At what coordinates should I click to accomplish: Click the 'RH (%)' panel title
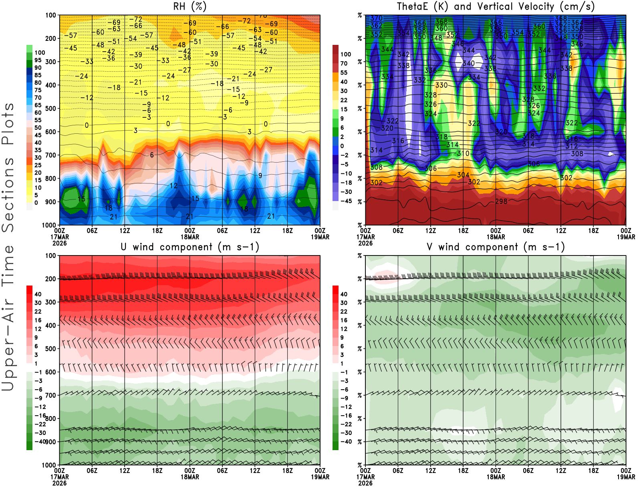pos(189,6)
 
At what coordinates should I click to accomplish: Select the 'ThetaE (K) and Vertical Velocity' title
pos(496,6)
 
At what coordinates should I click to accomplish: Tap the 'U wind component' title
pos(189,247)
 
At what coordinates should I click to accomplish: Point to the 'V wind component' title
pos(496,247)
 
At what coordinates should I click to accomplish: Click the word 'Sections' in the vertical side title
pos(8,195)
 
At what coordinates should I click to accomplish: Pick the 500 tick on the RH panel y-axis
pos(50,109)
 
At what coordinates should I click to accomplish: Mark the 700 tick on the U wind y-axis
pos(50,395)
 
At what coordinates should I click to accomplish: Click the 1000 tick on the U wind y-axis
pos(49,465)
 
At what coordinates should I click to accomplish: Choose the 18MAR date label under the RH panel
pos(189,237)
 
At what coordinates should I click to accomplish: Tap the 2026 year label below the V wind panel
pos(365,483)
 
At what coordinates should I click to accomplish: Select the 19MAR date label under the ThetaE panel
pos(626,237)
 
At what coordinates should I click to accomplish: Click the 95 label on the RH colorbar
pos(38,60)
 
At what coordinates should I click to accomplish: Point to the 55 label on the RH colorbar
pos(38,120)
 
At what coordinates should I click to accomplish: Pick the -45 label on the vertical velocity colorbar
pos(346,201)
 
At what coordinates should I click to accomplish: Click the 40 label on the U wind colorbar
pos(38,294)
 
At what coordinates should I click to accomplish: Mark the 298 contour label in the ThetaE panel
pos(501,201)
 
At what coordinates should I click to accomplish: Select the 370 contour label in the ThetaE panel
pos(376,18)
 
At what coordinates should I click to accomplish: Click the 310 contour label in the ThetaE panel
pos(463,153)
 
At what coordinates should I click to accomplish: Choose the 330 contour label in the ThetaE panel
pos(441,85)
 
